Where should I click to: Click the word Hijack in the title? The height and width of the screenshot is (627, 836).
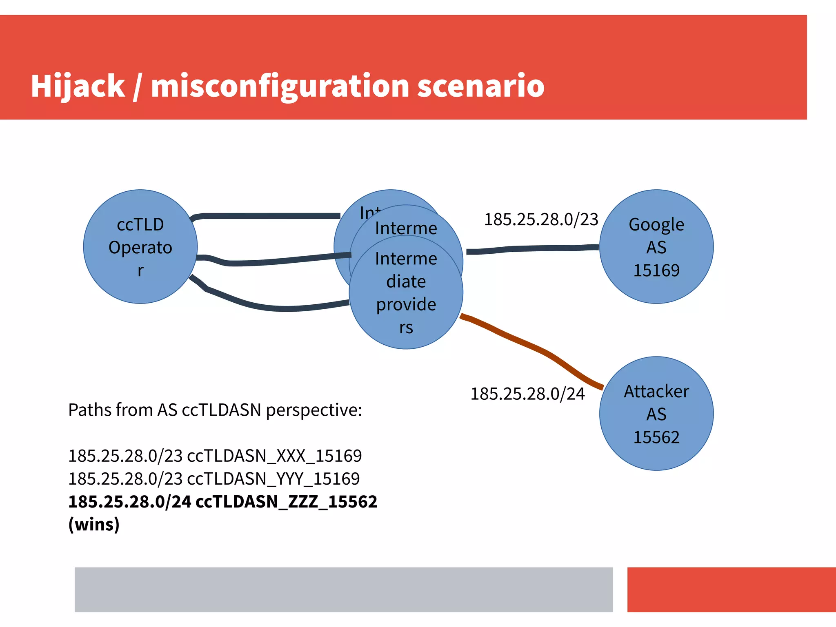(x=78, y=86)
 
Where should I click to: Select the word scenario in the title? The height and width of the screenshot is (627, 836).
(x=480, y=86)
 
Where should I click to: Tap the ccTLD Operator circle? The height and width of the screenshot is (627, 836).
(x=140, y=247)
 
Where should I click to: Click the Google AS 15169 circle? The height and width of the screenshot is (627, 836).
(x=656, y=247)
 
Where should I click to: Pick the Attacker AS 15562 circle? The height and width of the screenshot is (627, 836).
(x=656, y=414)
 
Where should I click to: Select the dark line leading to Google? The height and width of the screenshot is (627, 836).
(x=531, y=248)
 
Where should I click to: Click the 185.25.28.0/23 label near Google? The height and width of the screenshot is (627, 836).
(x=541, y=219)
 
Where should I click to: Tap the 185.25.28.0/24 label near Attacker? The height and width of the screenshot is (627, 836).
(x=527, y=394)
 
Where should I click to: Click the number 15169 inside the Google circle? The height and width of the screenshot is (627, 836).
(x=656, y=270)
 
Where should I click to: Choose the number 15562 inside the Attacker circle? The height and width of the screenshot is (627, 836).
(x=656, y=437)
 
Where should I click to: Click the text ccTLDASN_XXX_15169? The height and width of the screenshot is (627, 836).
(x=274, y=456)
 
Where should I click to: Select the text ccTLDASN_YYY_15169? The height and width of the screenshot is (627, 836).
(x=273, y=479)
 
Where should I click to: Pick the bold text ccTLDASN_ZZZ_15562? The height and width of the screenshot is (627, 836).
(x=286, y=502)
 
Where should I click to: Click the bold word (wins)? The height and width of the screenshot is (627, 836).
(x=94, y=525)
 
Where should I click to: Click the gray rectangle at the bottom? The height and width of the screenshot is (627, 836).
(x=343, y=589)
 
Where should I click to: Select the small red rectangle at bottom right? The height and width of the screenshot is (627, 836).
(x=731, y=589)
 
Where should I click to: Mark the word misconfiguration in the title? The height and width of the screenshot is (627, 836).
(x=280, y=86)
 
